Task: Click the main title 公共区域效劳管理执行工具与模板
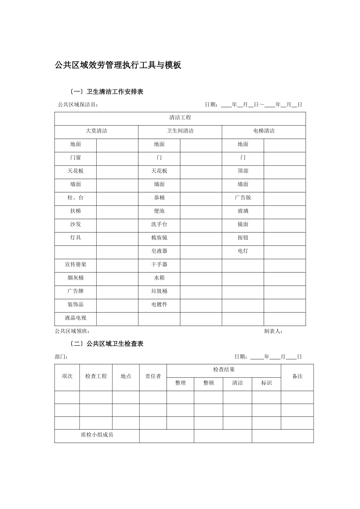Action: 118,65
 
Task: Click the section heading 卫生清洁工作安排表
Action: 115,92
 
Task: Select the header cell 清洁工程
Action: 180,118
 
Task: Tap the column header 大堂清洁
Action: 96,131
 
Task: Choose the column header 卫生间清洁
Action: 180,131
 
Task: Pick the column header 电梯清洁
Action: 264,131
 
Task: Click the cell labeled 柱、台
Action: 75,198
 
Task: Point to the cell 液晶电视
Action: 75,318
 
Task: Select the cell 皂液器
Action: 159,251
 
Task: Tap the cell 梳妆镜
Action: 159,238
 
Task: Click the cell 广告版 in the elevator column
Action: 243,198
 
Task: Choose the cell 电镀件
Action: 159,304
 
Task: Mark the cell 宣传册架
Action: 75,265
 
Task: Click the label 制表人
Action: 273,331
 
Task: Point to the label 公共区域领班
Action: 72,331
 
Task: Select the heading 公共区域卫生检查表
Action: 115,344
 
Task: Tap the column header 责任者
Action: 153,376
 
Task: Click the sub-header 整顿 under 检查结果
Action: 208,383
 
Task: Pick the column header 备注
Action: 297,376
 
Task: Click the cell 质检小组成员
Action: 97,435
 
